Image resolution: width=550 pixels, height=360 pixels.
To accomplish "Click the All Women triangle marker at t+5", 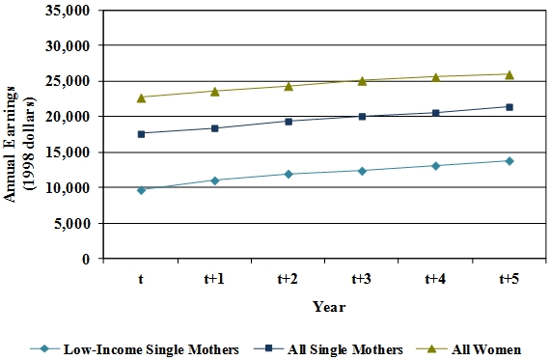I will pos(509,73).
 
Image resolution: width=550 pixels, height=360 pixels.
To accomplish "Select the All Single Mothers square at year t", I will pos(142,134).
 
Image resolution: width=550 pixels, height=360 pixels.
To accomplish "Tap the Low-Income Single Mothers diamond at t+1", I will pos(215,180).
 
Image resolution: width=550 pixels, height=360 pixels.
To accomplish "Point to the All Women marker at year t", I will pos(142,97).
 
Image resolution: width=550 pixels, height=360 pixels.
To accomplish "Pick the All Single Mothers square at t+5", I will pos(509,107).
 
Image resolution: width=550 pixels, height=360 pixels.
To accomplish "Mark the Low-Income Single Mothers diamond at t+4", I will pos(435,166).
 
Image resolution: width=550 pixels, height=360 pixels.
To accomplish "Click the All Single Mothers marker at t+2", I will pos(289,122).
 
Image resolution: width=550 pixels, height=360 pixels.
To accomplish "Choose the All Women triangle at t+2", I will pos(289,85).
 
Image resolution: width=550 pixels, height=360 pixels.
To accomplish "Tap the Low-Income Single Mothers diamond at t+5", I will pos(509,161).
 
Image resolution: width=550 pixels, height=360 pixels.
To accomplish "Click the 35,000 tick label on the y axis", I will pos(67,11).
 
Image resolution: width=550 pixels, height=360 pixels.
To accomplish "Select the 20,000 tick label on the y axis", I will pos(67,117).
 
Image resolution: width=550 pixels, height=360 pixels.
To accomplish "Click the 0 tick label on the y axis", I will pos(85,259).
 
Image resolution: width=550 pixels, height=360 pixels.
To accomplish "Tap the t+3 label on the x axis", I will pos(361,279).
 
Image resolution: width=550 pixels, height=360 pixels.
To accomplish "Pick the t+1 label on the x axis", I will pos(214,279).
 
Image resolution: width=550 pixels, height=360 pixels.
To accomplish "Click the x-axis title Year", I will pos(325,306).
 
